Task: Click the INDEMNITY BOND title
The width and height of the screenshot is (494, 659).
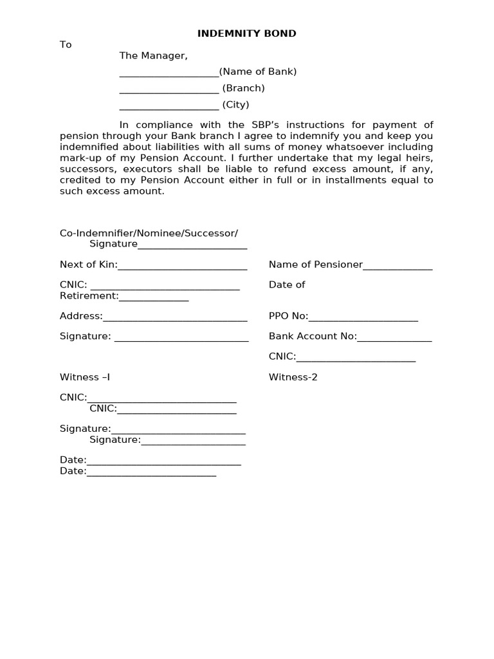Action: coord(246,33)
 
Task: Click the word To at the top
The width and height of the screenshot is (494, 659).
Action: coord(66,44)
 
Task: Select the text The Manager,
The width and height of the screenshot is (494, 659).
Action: coord(153,56)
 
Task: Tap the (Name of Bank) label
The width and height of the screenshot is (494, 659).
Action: coord(258,72)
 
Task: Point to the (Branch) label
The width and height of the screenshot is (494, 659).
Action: coord(243,88)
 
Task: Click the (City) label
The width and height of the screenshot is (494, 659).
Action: coord(235,105)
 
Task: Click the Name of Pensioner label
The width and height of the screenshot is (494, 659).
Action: coord(316,265)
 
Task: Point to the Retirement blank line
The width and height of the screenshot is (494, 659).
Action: coord(154,297)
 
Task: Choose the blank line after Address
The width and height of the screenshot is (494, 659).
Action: coord(175,317)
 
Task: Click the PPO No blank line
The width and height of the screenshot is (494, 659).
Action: coord(363,317)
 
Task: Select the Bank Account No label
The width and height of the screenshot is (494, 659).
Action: coord(313,337)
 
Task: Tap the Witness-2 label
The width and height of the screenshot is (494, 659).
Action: coord(293,377)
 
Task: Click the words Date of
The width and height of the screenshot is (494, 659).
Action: coord(287,284)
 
